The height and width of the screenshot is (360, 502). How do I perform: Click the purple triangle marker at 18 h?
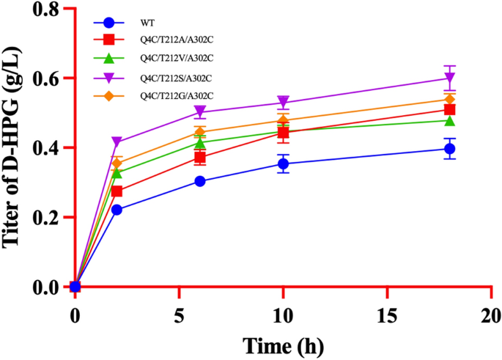pos(449,78)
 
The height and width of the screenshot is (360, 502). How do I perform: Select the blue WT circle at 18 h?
pos(449,149)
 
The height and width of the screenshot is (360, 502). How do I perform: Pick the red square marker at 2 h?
pos(117,191)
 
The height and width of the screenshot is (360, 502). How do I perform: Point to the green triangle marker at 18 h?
pos(449,120)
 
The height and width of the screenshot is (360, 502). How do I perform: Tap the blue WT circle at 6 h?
pos(200,181)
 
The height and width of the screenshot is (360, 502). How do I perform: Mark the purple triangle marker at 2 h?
pos(117,142)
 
